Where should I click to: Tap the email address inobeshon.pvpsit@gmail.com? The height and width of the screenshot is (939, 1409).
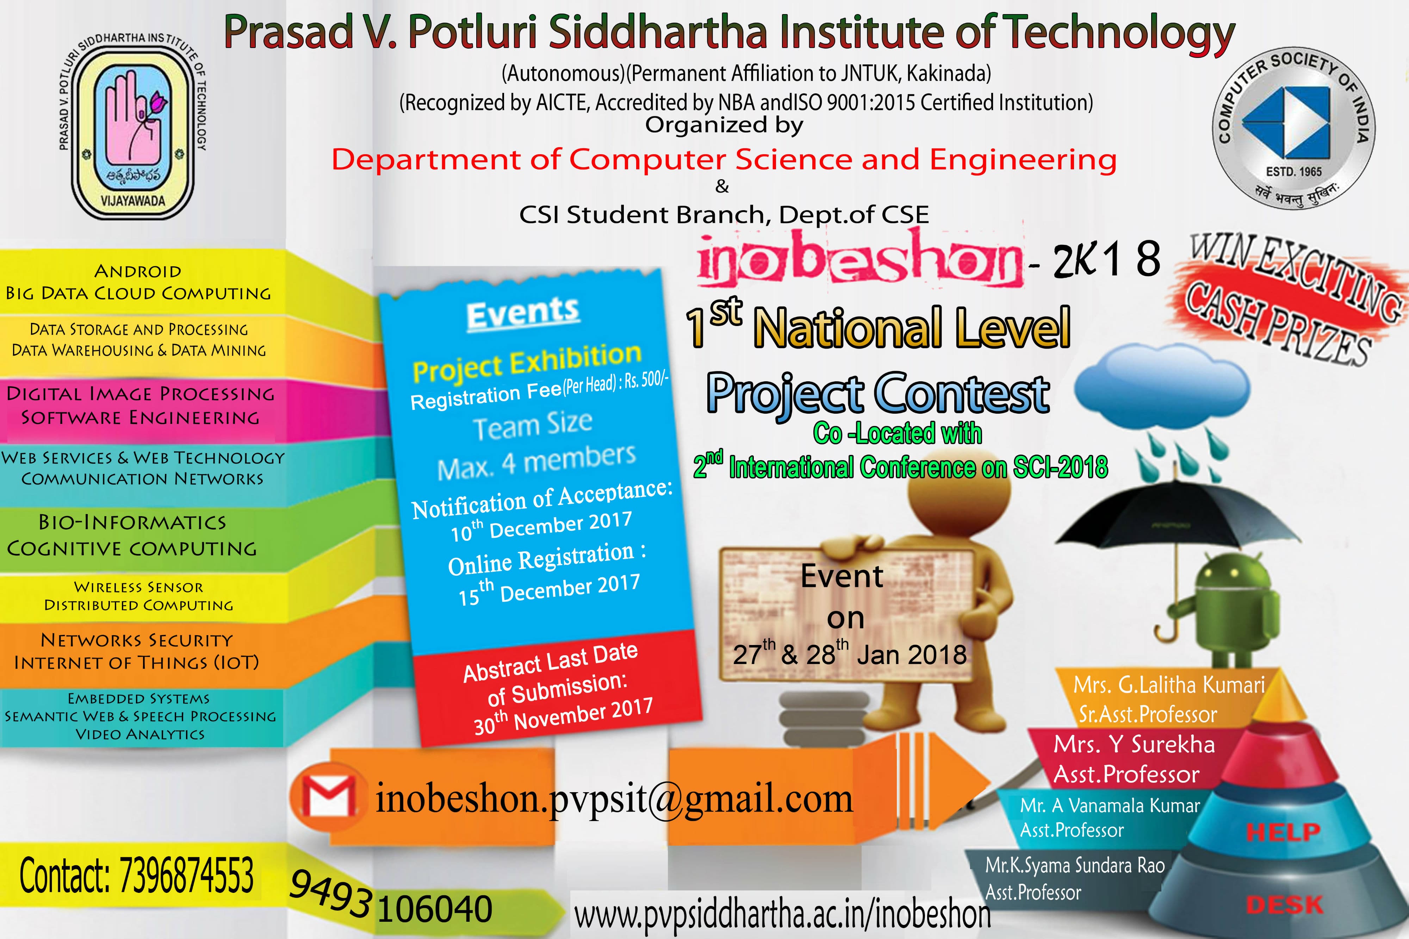click(614, 800)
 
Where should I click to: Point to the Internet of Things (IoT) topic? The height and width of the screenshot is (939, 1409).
click(137, 662)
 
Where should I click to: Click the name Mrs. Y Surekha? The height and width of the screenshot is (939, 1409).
click(1134, 744)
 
